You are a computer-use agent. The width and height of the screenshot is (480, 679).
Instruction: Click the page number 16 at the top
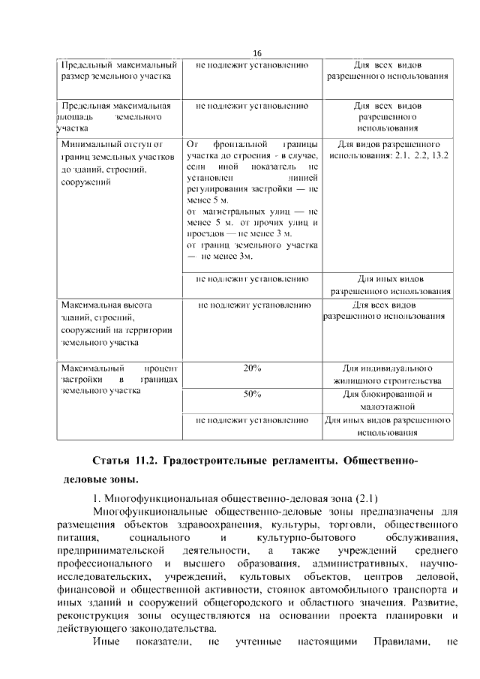tap(256, 53)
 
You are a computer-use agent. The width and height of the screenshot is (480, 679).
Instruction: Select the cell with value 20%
tap(252, 368)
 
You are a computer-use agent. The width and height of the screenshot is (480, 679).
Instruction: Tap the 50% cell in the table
tap(252, 393)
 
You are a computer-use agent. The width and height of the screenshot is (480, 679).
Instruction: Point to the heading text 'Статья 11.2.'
tap(124, 458)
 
